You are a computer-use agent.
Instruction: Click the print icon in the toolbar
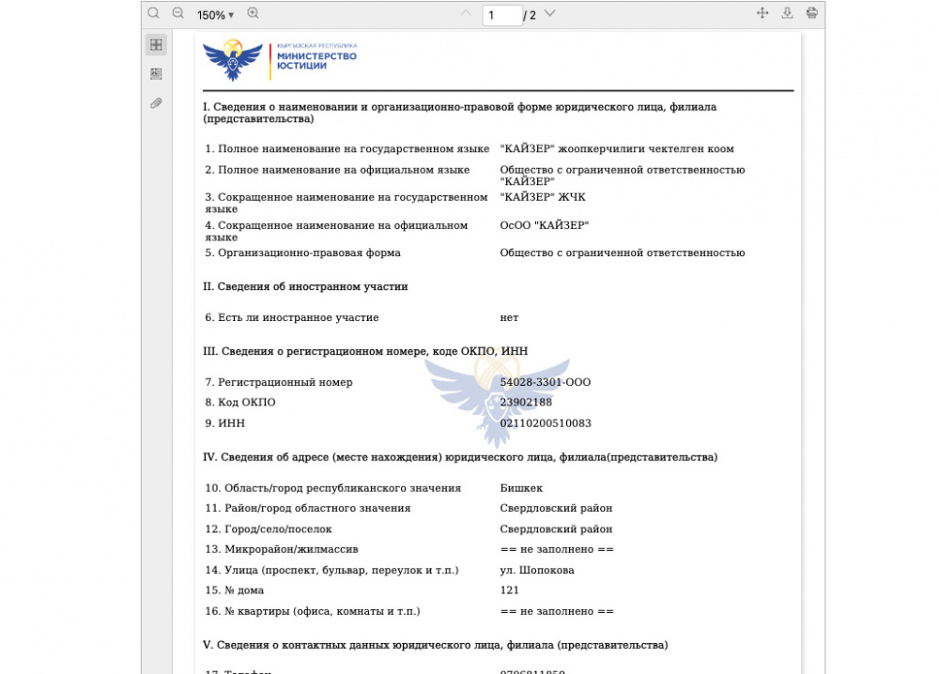coord(811,13)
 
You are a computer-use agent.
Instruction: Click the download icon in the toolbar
coord(787,13)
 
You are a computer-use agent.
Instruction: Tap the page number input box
coord(501,15)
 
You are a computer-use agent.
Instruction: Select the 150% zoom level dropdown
coord(215,15)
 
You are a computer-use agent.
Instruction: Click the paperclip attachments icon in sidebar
coord(156,103)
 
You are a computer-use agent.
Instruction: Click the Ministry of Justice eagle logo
coord(232,60)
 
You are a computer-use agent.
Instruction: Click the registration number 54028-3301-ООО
coord(545,382)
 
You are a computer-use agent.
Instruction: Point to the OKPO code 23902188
coord(526,403)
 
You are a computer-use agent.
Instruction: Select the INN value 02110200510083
coord(546,423)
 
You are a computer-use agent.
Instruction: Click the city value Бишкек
coord(521,488)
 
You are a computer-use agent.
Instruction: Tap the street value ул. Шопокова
coord(537,570)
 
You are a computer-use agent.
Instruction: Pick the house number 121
coord(510,590)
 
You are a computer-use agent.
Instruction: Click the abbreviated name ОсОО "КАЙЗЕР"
coord(545,225)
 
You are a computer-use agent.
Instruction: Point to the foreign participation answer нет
coord(509,318)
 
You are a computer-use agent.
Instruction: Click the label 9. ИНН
coord(225,423)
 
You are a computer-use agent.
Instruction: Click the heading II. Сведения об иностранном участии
coord(305,286)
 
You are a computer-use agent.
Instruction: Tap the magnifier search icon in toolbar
coord(154,13)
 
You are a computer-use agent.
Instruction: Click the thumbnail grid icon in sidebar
coord(156,44)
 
